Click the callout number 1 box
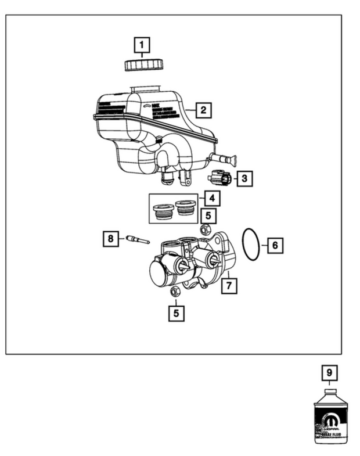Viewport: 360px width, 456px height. coord(141,45)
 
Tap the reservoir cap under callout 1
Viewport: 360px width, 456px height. coord(141,63)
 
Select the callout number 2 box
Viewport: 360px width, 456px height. coord(203,109)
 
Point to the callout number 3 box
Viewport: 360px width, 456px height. coord(244,178)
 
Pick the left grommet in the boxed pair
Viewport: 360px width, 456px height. coord(162,212)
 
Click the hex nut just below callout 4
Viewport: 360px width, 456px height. coord(205,229)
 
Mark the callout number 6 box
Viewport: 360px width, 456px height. coord(275,246)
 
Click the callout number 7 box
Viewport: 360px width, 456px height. coord(231,285)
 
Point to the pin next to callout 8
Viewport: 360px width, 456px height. coord(135,238)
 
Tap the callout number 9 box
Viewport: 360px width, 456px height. coord(329,372)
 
